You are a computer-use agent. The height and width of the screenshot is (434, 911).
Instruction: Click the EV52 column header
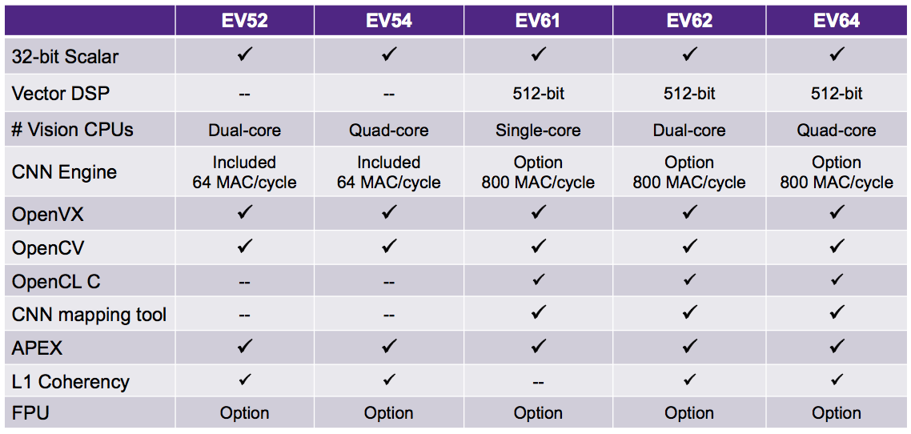click(244, 20)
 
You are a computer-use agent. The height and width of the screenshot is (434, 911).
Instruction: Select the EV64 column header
click(836, 20)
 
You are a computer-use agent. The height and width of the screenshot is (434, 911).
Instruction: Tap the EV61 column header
click(538, 20)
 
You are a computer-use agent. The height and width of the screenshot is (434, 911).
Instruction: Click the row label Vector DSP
click(60, 93)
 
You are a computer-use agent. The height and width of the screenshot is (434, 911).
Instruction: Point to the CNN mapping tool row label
click(90, 315)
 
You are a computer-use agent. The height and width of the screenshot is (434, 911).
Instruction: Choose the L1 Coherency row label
click(70, 382)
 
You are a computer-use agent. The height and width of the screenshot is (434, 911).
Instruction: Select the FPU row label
click(30, 413)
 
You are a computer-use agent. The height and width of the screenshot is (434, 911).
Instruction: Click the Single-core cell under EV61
click(538, 131)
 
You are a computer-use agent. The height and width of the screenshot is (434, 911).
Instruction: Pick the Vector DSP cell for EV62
click(689, 94)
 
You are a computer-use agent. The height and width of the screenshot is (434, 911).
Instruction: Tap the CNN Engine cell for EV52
click(244, 171)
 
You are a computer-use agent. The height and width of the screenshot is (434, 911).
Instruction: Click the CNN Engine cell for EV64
click(836, 171)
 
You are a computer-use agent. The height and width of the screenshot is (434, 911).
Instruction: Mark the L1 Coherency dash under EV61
click(538, 382)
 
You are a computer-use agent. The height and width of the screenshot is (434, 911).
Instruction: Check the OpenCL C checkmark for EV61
click(538, 280)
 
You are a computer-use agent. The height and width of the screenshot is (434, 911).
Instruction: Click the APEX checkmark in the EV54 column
click(389, 347)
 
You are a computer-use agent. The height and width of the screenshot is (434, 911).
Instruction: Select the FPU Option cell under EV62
click(689, 414)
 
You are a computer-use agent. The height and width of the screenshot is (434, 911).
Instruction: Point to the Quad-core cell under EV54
click(389, 131)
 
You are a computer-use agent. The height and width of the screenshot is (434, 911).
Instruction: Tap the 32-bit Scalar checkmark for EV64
click(836, 54)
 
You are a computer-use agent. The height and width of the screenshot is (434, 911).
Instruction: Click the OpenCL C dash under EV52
click(244, 283)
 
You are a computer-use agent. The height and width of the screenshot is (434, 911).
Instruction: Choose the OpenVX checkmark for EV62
click(689, 214)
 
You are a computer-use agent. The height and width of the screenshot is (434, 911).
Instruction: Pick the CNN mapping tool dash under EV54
click(389, 315)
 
